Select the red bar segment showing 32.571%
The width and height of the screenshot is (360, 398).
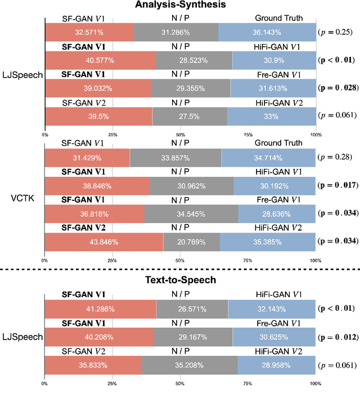(x=89, y=32)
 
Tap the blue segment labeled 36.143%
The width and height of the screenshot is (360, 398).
(x=267, y=32)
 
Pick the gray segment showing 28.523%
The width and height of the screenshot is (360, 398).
(x=193, y=60)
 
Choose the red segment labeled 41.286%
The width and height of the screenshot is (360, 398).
(x=101, y=309)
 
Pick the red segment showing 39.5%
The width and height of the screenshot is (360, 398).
(x=98, y=115)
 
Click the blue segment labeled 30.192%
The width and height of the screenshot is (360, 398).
(x=274, y=186)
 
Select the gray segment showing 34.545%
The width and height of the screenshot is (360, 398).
(x=191, y=213)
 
